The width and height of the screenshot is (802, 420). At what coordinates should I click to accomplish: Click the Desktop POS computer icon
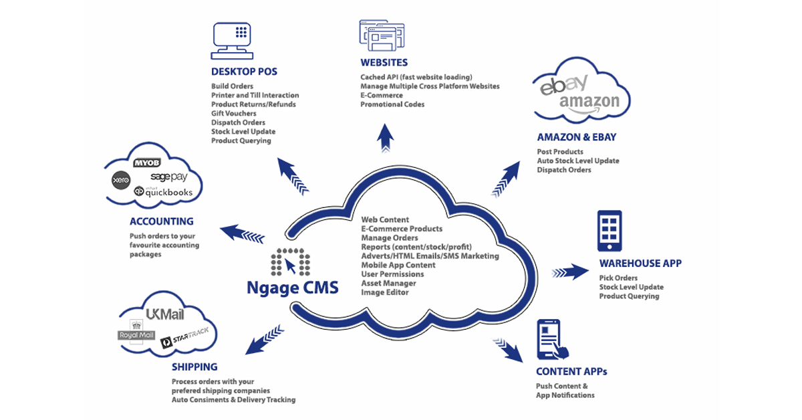click(231, 39)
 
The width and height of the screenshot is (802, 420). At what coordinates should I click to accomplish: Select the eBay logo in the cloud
click(564, 85)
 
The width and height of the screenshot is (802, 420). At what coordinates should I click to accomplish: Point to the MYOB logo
click(147, 163)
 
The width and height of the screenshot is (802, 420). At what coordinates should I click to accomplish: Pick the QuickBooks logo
click(163, 192)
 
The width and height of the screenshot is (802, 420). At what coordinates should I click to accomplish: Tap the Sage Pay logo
click(168, 177)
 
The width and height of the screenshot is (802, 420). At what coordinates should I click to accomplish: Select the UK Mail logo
click(164, 315)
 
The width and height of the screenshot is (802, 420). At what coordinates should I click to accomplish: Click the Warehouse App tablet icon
click(609, 231)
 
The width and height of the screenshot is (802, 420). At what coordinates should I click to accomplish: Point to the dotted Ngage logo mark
click(291, 262)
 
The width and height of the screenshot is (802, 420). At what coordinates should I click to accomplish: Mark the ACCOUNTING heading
click(162, 221)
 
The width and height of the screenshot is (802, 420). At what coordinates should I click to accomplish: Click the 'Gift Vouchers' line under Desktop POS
click(234, 114)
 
